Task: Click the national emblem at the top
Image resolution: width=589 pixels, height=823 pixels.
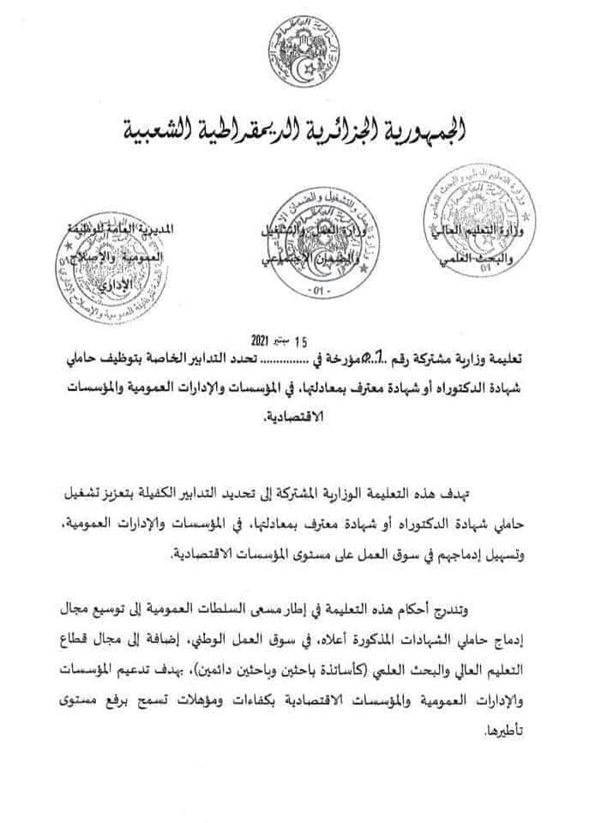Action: [301, 51]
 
